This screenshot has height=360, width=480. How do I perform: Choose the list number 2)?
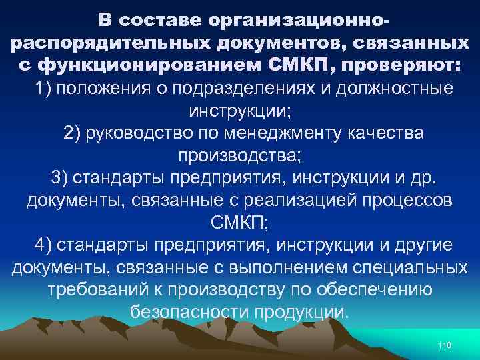tap(78, 133)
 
